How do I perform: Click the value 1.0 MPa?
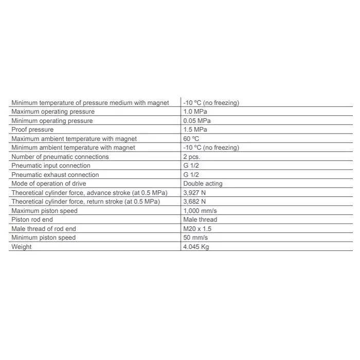[x=195, y=112]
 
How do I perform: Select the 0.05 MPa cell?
[x=197, y=121]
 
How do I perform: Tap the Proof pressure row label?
[x=32, y=130]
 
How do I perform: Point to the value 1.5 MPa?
[x=195, y=130]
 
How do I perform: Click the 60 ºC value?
[x=191, y=139]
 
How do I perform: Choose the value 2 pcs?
[x=192, y=157]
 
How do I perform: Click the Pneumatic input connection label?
[x=51, y=166]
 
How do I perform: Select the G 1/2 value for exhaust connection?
[x=191, y=175]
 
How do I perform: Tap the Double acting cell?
[x=203, y=184]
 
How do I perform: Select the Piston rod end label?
[x=32, y=220]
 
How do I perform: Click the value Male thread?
[x=200, y=220]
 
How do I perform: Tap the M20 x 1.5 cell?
[x=197, y=229]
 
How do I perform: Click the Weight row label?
[x=22, y=247]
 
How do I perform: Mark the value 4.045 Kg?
[x=196, y=247]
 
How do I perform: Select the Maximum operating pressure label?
[x=53, y=112]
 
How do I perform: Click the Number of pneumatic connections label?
[x=60, y=157]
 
